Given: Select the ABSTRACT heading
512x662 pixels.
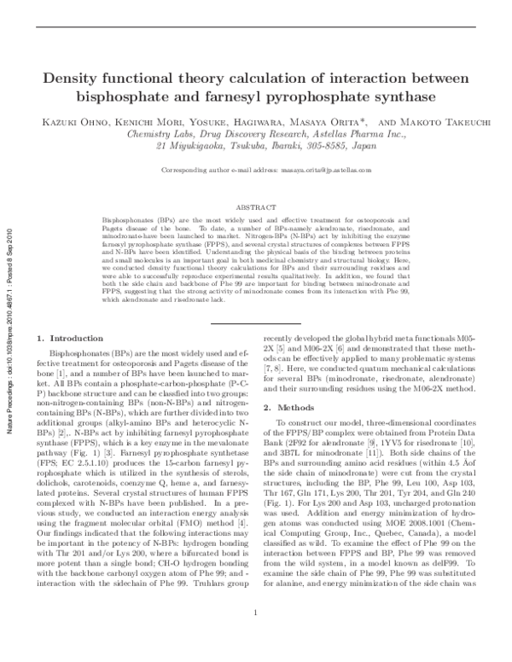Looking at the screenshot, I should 256,207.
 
